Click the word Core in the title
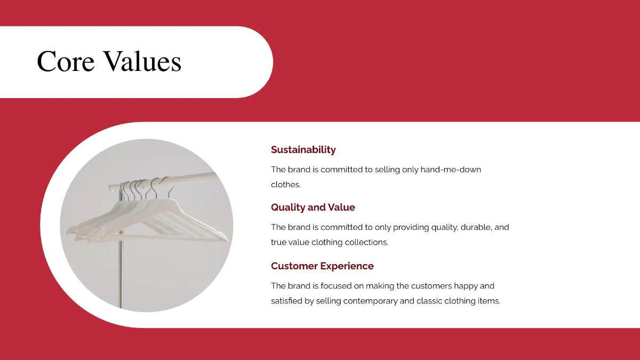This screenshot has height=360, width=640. pyautogui.click(x=66, y=61)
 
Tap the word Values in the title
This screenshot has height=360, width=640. pyautogui.click(x=142, y=61)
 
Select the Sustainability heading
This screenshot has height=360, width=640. pyautogui.click(x=303, y=150)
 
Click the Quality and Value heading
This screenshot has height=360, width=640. pyautogui.click(x=313, y=207)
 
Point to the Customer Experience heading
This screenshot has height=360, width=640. pyautogui.click(x=322, y=266)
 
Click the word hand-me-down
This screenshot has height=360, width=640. pyautogui.click(x=451, y=170)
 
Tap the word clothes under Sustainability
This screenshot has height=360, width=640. pyautogui.click(x=286, y=185)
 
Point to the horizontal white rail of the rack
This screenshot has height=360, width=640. pyautogui.click(x=164, y=181)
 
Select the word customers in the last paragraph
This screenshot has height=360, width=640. pyautogui.click(x=431, y=286)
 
